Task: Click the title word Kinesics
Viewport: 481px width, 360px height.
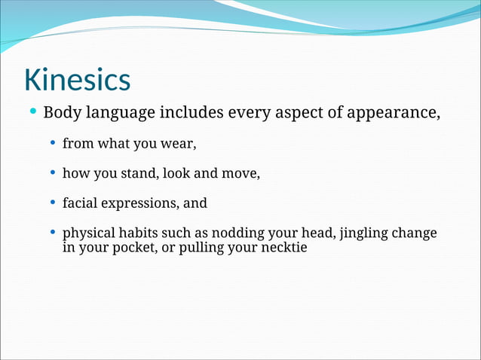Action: pos(77,80)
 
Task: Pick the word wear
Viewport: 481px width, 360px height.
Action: pos(180,144)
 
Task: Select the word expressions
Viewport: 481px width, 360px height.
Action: pos(140,203)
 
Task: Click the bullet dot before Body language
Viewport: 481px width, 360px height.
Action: pos(33,113)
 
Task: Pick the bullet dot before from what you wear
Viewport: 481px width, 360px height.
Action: pos(52,143)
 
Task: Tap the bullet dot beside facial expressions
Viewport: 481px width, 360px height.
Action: pos(52,203)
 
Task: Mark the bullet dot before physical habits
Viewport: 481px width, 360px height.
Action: pos(52,233)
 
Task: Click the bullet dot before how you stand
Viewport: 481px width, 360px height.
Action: pos(52,173)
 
